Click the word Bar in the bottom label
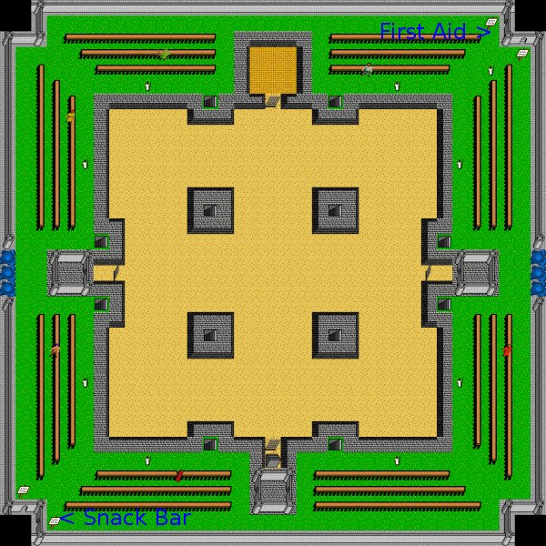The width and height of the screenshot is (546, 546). point(174,518)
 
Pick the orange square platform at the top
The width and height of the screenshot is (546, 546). point(273,70)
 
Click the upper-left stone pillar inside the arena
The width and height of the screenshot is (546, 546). point(210,210)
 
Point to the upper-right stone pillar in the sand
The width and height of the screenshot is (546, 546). point(335,210)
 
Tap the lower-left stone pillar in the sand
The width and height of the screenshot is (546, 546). point(210,335)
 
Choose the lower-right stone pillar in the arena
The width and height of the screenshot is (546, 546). point(335,335)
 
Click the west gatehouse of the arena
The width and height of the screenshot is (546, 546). point(70,273)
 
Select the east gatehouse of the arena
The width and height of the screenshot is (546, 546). point(476,273)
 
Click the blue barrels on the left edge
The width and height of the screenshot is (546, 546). point(7,273)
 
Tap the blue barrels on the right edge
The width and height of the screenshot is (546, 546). point(539,273)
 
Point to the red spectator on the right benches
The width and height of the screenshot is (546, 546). point(507,350)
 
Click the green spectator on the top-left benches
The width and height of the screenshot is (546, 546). point(165,55)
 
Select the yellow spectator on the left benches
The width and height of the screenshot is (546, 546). point(71,116)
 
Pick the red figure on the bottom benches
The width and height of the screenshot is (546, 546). point(179,476)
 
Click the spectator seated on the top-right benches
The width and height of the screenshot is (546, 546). point(367,69)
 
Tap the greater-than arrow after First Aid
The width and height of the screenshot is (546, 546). point(483,32)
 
